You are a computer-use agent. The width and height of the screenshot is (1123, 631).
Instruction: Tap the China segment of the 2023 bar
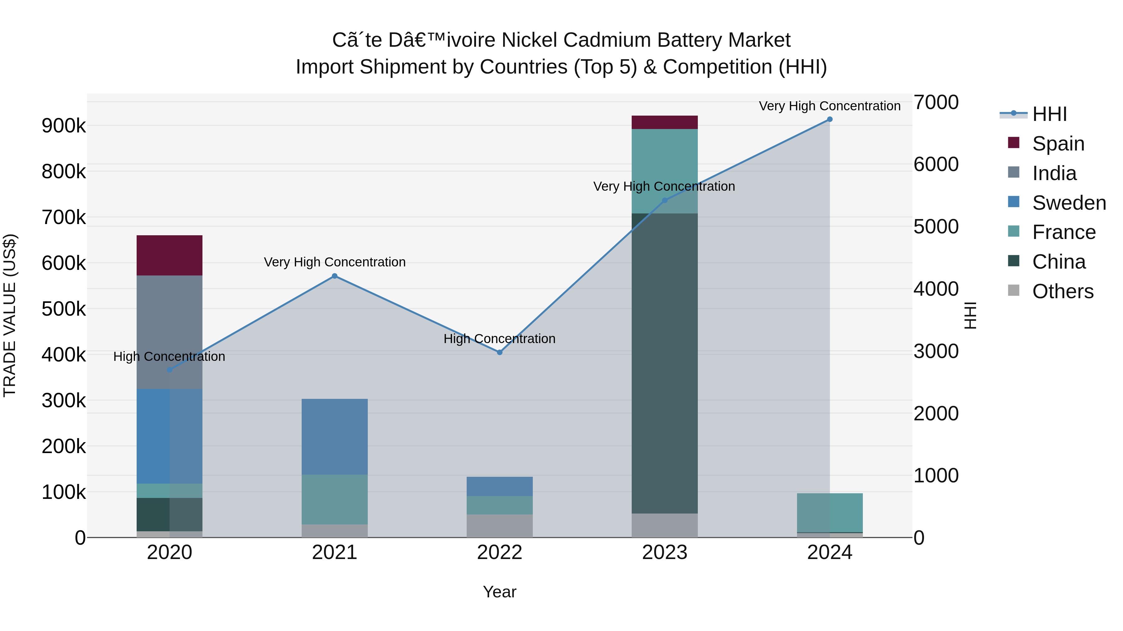click(x=664, y=363)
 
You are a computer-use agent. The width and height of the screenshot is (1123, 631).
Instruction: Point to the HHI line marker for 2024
click(x=829, y=119)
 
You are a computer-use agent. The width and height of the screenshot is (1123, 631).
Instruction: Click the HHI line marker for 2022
click(x=500, y=352)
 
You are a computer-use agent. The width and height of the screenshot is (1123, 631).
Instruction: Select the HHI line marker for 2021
click(x=334, y=276)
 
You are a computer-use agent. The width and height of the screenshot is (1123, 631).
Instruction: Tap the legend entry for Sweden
click(x=1068, y=203)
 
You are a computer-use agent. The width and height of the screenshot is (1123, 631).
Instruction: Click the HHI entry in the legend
click(x=1049, y=114)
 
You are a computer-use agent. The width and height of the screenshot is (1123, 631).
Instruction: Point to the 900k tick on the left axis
click(x=64, y=126)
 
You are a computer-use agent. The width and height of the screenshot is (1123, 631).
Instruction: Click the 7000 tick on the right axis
click(x=936, y=102)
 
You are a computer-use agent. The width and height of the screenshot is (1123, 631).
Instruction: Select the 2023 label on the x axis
click(x=664, y=552)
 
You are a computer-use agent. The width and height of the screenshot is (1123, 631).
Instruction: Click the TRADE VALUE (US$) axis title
click(x=10, y=315)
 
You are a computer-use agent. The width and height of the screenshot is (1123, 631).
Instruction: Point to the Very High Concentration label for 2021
click(x=334, y=262)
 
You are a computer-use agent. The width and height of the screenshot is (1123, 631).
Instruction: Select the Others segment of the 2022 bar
click(x=500, y=526)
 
